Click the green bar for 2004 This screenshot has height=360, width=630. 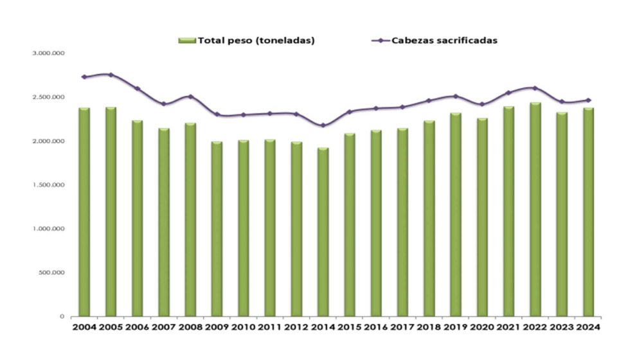84,212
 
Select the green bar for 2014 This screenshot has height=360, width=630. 323,232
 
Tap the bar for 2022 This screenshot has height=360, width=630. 535,210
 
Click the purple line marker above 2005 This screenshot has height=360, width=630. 111,75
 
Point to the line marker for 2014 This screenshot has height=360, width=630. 323,125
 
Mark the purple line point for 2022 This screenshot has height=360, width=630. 535,88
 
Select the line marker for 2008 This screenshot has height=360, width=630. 190,96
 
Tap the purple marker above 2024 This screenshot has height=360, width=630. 588,100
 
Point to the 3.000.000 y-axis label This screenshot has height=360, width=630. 50,53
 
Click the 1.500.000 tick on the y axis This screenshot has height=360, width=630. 50,185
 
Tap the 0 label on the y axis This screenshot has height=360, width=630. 62,316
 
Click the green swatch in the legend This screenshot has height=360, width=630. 187,40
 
